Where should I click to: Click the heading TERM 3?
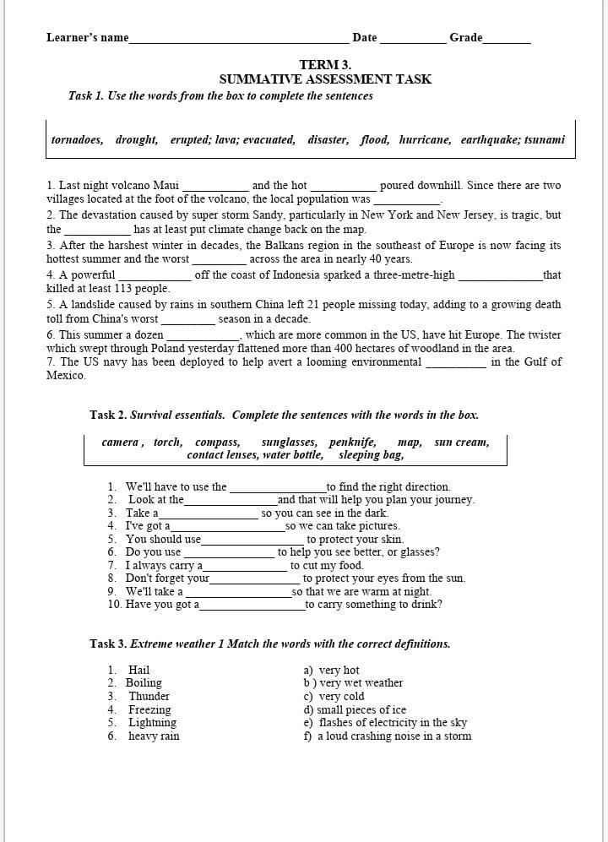click(x=325, y=65)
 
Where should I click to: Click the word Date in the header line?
click(x=365, y=37)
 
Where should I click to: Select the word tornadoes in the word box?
click(x=77, y=140)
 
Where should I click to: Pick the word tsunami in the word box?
click(x=545, y=140)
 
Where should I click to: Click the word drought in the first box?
click(x=137, y=140)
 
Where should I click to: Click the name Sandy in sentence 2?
click(x=269, y=215)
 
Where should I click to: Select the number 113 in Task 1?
click(x=124, y=289)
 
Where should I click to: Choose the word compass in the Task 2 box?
click(x=217, y=443)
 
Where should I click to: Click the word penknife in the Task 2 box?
click(x=353, y=443)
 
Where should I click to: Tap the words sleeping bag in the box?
click(x=371, y=455)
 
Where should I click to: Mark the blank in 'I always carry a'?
click(x=245, y=566)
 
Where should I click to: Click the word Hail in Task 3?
click(x=138, y=671)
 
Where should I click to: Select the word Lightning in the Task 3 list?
click(x=152, y=723)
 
